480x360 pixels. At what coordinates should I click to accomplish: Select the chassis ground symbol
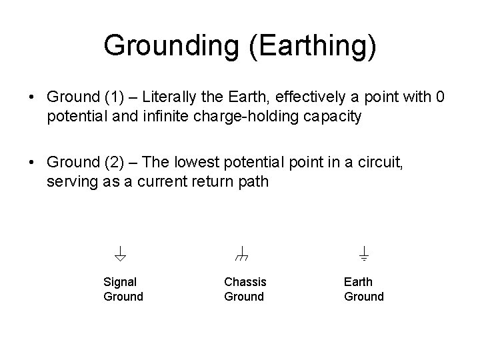[x=242, y=253]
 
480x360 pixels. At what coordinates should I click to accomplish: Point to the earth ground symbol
[x=364, y=253]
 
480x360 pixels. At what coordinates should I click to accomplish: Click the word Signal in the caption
[x=120, y=282]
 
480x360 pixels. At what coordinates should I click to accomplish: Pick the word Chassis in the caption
[x=245, y=282]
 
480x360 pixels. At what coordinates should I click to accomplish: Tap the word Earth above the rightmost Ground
[x=358, y=282]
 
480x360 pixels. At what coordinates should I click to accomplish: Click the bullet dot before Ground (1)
[x=33, y=97]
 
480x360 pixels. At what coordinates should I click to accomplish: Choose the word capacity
[x=337, y=117]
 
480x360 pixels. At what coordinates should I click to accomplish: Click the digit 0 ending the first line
[x=439, y=97]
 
